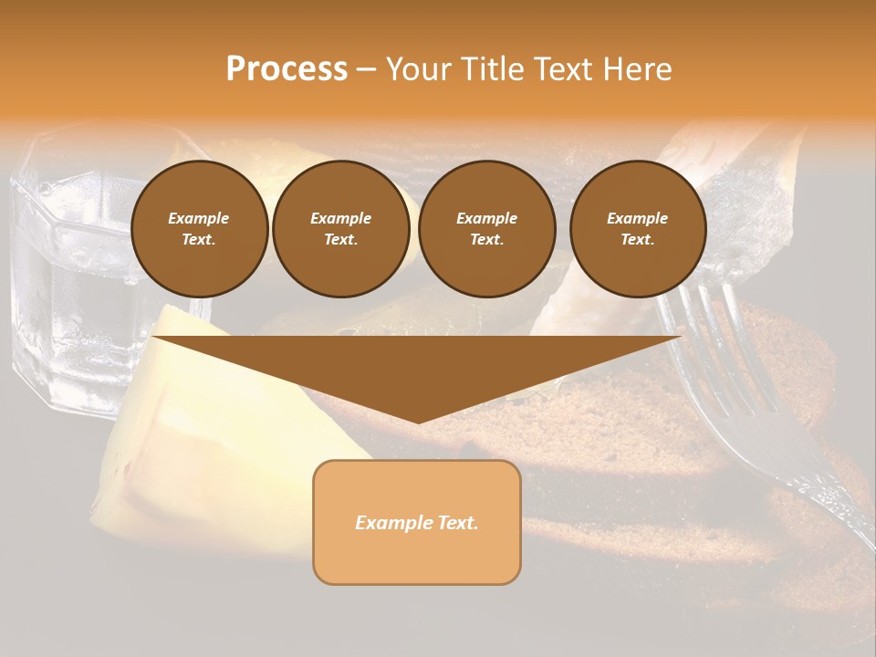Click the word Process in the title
click(287, 69)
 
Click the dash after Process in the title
click(366, 70)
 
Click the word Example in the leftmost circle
click(199, 218)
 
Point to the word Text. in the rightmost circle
click(638, 239)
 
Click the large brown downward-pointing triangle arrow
click(417, 365)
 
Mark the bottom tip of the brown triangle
click(418, 421)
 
